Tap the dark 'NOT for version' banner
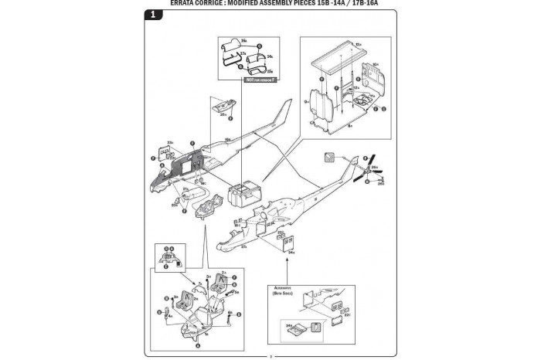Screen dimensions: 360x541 260,79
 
